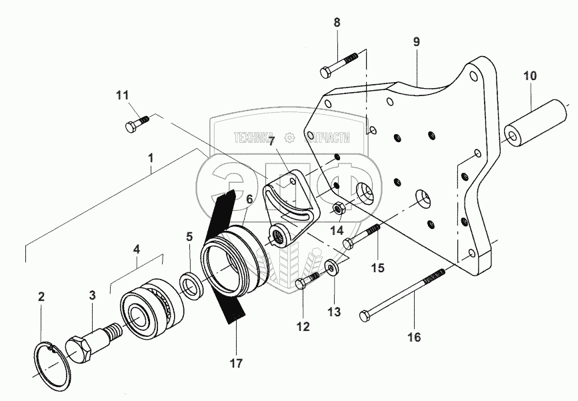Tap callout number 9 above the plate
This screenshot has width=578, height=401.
pos(416,41)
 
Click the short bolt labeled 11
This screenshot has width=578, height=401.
pos(136,123)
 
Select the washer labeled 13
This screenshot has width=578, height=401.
pos(331,268)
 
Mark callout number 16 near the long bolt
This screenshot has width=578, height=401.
pos(413,338)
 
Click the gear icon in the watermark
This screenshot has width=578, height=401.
pos(289,139)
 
